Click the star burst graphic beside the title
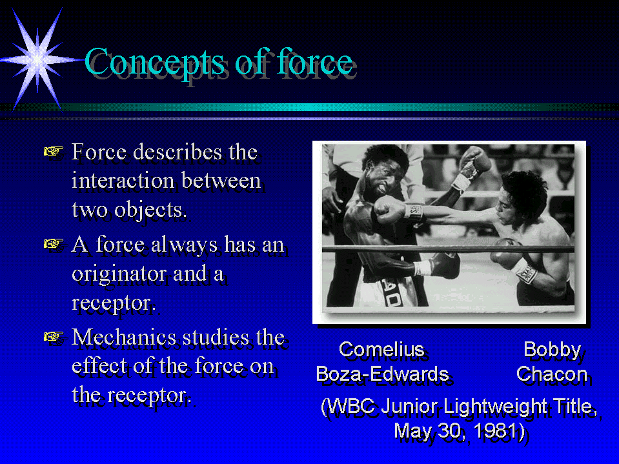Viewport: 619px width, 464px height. pos(37,59)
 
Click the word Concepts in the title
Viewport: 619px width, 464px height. pos(155,63)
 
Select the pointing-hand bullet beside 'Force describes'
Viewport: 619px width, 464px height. pos(54,152)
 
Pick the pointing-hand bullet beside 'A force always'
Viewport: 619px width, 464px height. pos(54,244)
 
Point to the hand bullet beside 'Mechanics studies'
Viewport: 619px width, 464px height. pos(54,337)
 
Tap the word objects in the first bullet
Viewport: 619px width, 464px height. pos(150,210)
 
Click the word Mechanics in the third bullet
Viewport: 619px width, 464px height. pos(123,338)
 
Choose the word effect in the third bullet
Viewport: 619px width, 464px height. pos(100,366)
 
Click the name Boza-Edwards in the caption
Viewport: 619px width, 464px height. pos(382,374)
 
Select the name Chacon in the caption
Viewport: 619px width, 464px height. pos(551,374)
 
